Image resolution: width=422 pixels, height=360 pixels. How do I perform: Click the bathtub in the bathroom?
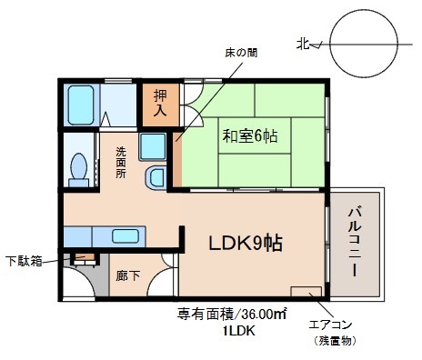click(x=81, y=105)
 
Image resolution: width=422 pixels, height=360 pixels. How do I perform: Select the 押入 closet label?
click(x=160, y=103)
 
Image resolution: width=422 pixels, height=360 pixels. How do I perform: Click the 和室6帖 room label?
click(x=250, y=136)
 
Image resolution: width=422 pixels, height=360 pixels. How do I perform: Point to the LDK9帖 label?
click(x=246, y=243)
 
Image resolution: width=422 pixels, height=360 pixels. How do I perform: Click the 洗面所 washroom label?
click(x=121, y=163)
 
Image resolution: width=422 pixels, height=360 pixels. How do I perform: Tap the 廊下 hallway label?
click(x=127, y=275)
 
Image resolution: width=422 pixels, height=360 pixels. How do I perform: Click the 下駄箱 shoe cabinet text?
click(x=24, y=261)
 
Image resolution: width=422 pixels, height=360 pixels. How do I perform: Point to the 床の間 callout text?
click(x=241, y=53)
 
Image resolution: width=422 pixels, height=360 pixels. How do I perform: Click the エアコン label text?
click(x=330, y=325)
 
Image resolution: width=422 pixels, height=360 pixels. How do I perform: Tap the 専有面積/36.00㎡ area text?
click(x=232, y=315)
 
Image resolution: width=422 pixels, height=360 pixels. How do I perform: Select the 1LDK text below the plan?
click(x=239, y=331)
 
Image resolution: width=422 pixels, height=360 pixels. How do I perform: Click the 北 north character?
click(x=303, y=44)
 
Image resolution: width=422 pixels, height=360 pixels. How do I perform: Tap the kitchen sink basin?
click(x=126, y=236)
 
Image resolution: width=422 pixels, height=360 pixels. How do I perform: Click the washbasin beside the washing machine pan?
click(x=156, y=178)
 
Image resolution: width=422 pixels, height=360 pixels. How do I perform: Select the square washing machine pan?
click(x=153, y=146)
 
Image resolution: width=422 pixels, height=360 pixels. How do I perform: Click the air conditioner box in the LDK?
click(x=306, y=292)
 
